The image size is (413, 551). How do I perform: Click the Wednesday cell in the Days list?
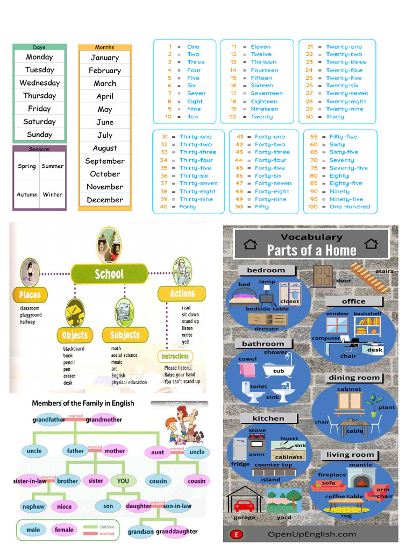click(x=39, y=83)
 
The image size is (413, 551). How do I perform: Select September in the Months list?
click(x=105, y=161)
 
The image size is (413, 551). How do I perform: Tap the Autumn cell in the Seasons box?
click(x=27, y=194)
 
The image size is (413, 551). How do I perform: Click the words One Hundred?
click(x=350, y=207)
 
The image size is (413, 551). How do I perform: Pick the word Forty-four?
click(x=270, y=160)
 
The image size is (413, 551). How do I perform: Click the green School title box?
click(x=109, y=274)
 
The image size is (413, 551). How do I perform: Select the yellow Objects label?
click(x=75, y=335)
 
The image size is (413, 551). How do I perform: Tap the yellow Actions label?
click(x=182, y=294)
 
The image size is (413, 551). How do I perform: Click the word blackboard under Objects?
click(x=74, y=349)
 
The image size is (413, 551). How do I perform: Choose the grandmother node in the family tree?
click(x=104, y=420)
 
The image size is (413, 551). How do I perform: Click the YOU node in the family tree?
click(x=123, y=481)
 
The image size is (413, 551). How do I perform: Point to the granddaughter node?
click(x=177, y=531)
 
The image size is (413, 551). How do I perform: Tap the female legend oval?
click(x=64, y=530)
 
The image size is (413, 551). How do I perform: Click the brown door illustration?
click(x=323, y=275)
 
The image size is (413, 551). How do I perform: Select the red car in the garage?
click(x=244, y=505)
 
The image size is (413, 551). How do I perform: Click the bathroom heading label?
click(x=263, y=343)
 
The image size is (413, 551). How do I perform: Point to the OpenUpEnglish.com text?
click(x=311, y=534)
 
